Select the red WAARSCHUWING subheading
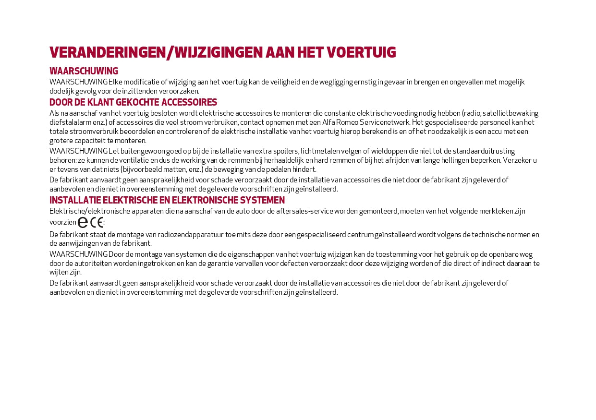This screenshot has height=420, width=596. (x=84, y=72)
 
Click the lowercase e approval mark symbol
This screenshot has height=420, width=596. (x=83, y=222)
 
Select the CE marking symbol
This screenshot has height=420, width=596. (x=97, y=222)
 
